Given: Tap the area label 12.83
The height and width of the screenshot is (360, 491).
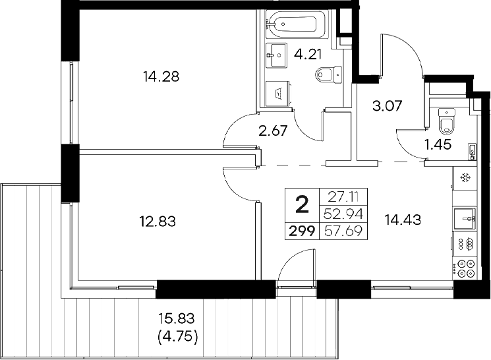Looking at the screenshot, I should point(158,220).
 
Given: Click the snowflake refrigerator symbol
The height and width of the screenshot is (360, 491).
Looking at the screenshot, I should point(465,178).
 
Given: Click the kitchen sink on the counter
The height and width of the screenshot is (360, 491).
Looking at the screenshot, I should point(465,218).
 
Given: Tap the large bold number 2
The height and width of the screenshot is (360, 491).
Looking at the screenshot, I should point(303,205).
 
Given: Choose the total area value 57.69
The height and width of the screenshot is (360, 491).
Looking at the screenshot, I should point(343,231).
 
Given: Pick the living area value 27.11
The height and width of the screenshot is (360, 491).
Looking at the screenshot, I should point(343,196).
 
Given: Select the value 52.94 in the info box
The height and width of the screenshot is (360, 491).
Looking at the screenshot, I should point(343,212).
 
